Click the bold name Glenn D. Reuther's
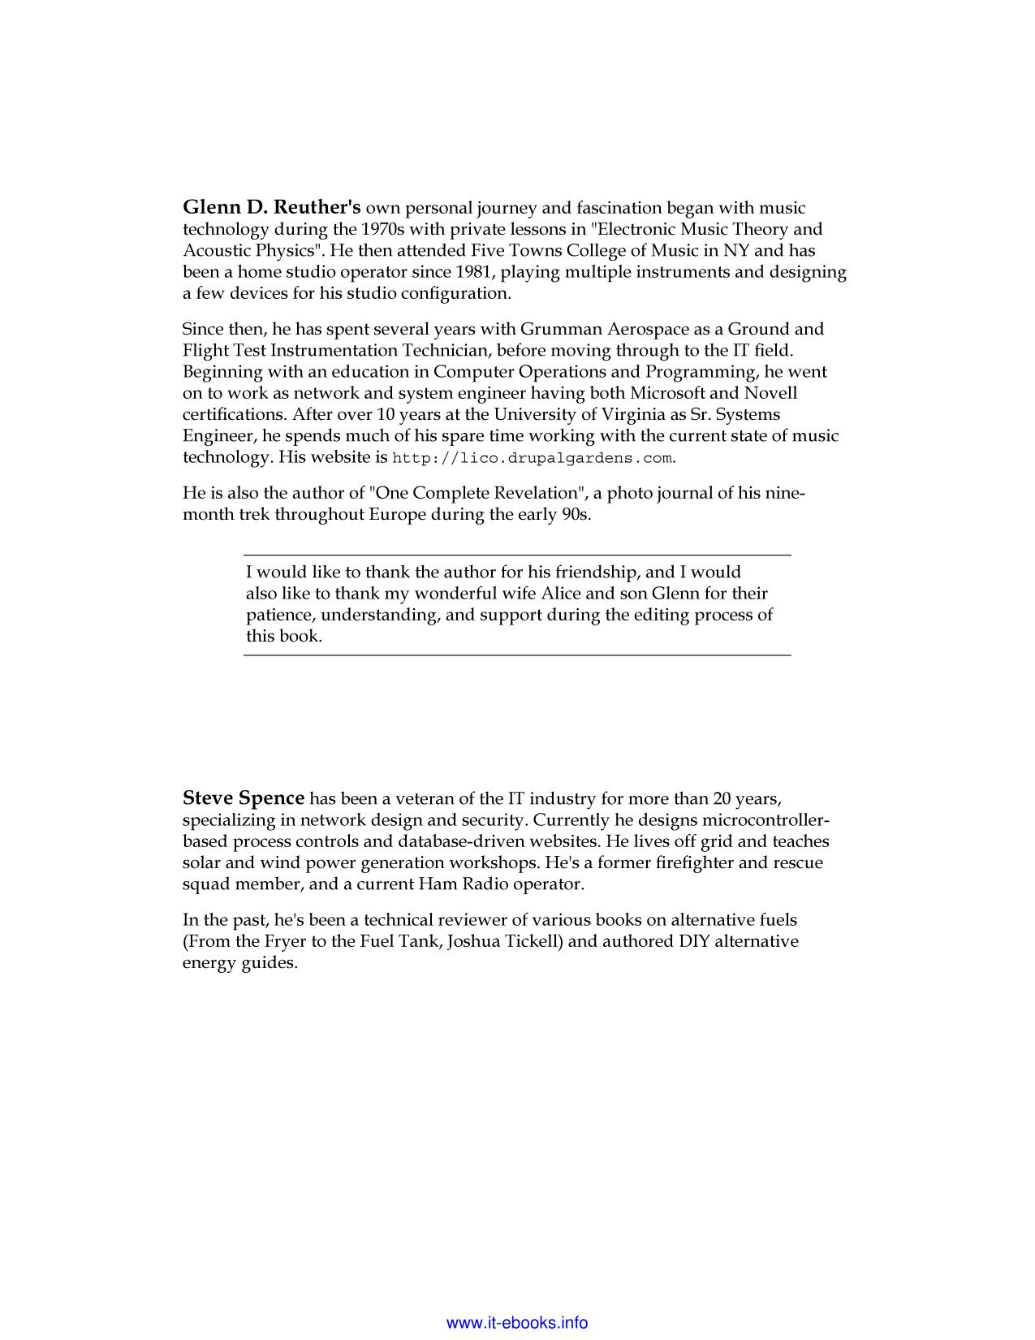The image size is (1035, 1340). tap(271, 208)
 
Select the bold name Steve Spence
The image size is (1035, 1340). tap(244, 798)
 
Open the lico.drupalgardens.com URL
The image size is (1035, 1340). tap(533, 458)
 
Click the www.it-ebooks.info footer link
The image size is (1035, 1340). tap(517, 1323)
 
